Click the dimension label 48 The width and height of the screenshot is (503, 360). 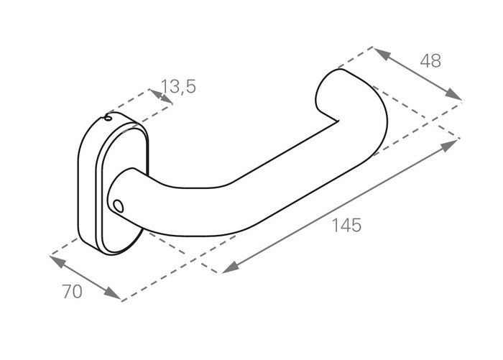click(430, 61)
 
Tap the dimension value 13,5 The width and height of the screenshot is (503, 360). click(178, 87)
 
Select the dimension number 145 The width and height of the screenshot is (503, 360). click(346, 225)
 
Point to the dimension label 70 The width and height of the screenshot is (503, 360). click(72, 292)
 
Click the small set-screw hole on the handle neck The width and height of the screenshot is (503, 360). click(119, 206)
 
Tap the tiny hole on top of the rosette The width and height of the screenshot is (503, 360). click(109, 119)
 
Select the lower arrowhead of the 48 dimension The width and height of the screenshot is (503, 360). click(453, 94)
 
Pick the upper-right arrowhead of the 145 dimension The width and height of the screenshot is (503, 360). click(450, 144)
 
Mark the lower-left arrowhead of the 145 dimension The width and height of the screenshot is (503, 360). click(231, 267)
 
